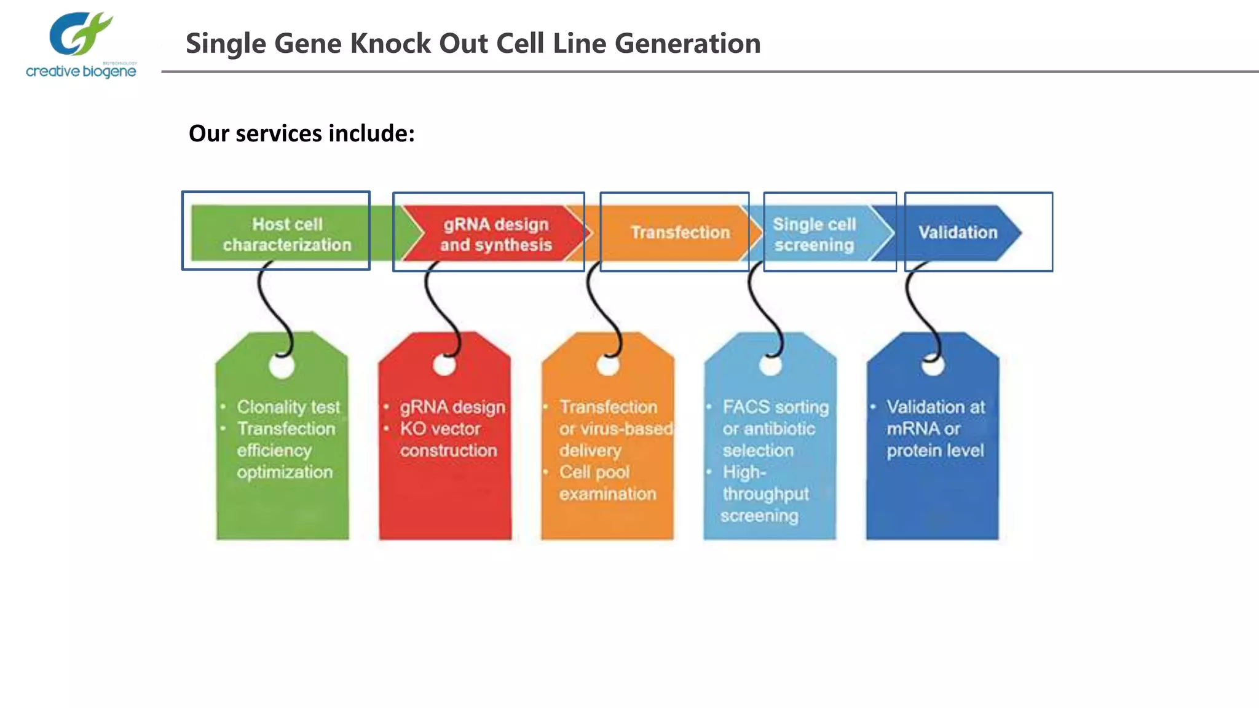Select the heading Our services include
[301, 133]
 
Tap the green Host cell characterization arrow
[286, 234]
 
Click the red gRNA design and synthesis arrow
[495, 234]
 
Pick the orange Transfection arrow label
[680, 232]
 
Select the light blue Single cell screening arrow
[814, 234]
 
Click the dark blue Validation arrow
[958, 232]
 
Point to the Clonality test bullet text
[288, 407]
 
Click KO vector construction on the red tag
[448, 439]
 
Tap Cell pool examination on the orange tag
[607, 483]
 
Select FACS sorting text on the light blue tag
[775, 407]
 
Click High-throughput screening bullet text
[764, 494]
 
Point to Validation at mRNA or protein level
[934, 428]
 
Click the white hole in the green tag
[282, 367]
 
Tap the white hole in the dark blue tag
[933, 367]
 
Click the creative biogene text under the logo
[81, 72]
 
